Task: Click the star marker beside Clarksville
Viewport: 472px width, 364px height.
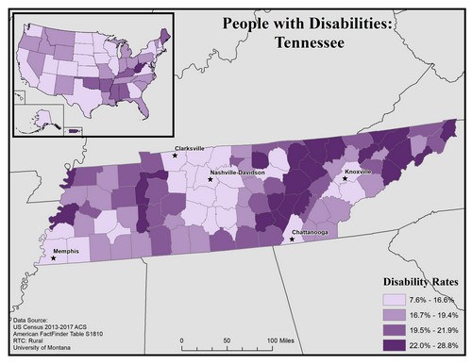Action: pyautogui.click(x=176, y=157)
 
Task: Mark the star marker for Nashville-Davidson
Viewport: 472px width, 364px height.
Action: pyautogui.click(x=210, y=179)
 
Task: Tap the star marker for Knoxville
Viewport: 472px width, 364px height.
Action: pyautogui.click(x=346, y=178)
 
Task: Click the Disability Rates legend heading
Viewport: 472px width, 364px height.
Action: pyautogui.click(x=419, y=282)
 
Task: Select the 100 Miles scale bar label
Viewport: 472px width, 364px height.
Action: pyautogui.click(x=286, y=339)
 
